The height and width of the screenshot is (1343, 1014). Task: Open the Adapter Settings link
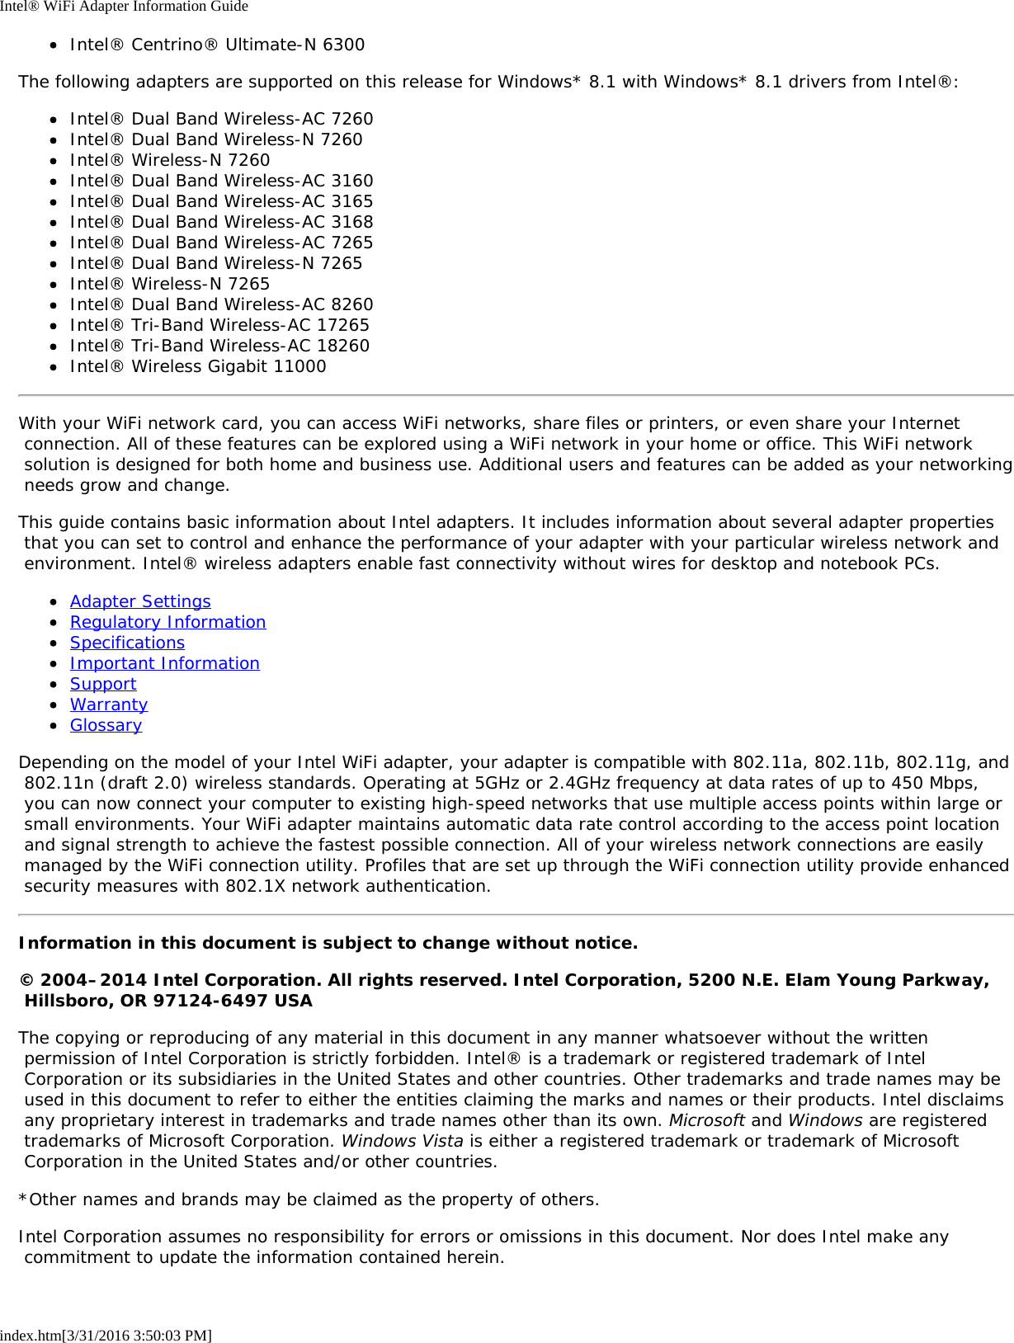click(140, 601)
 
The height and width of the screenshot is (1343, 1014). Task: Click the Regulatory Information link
click(167, 622)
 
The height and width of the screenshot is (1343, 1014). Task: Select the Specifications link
click(127, 643)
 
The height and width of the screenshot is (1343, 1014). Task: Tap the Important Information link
click(164, 663)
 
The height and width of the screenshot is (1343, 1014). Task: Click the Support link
click(103, 684)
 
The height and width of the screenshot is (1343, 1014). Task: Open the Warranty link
click(109, 704)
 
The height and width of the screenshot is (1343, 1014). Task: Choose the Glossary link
click(106, 725)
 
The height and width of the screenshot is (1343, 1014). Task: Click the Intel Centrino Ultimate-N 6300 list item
click(217, 45)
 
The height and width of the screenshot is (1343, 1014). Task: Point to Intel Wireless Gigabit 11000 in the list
click(198, 366)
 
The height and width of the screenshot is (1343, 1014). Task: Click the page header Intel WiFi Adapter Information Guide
click(124, 7)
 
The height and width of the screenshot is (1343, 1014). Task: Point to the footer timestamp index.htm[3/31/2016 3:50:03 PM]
click(106, 1335)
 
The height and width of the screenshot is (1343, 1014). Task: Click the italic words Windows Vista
click(403, 1141)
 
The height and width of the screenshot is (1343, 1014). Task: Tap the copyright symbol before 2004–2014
click(26, 980)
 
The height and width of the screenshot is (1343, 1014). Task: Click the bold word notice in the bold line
click(609, 943)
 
